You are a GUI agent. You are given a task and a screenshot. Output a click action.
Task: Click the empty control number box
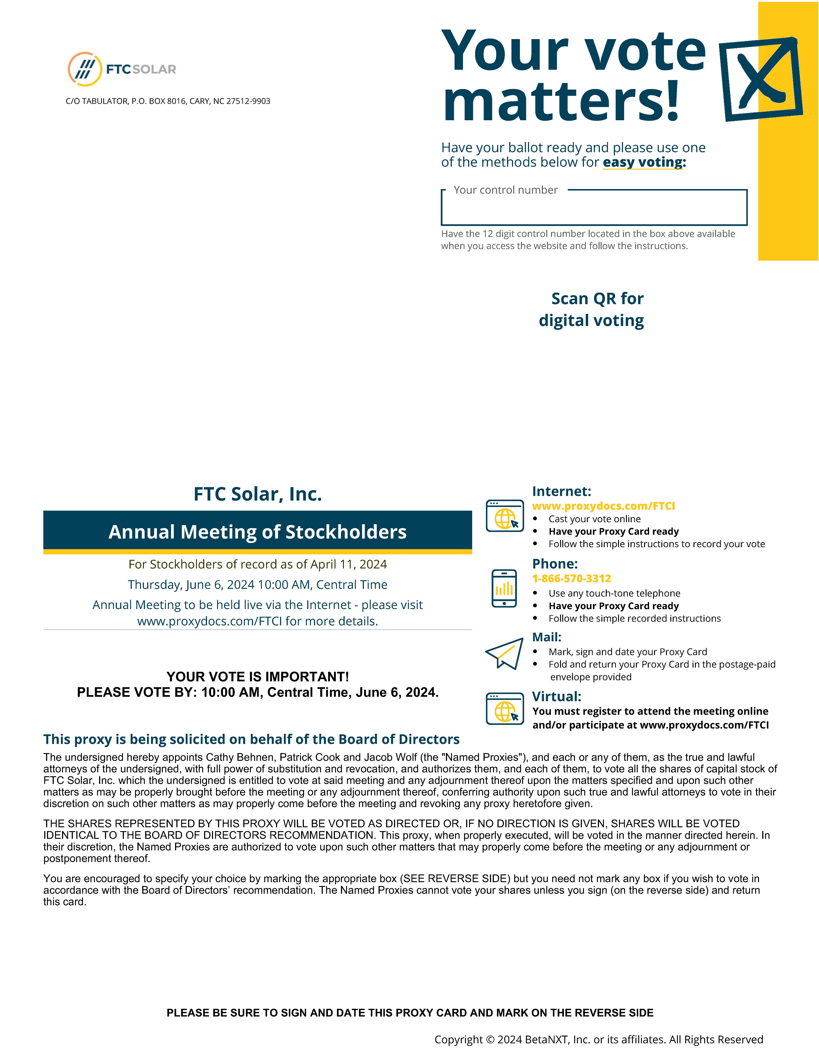click(x=594, y=210)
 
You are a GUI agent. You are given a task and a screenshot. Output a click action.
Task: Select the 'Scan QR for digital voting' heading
click(x=592, y=310)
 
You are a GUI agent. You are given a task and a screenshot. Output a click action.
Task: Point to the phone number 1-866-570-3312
click(x=572, y=579)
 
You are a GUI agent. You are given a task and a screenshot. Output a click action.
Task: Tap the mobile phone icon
click(x=504, y=588)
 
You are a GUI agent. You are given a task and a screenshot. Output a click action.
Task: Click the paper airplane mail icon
click(x=505, y=653)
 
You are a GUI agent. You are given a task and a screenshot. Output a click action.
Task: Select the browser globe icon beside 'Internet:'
click(x=505, y=516)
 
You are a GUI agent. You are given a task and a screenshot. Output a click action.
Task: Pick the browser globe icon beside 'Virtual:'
click(x=505, y=709)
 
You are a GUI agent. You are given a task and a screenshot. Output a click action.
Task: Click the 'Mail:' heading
click(x=546, y=637)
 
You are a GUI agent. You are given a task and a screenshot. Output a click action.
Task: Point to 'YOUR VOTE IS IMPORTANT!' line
click(x=258, y=677)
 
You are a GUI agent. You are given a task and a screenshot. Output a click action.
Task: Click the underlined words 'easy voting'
click(x=642, y=162)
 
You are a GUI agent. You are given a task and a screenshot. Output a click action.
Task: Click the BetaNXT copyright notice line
click(x=598, y=1039)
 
